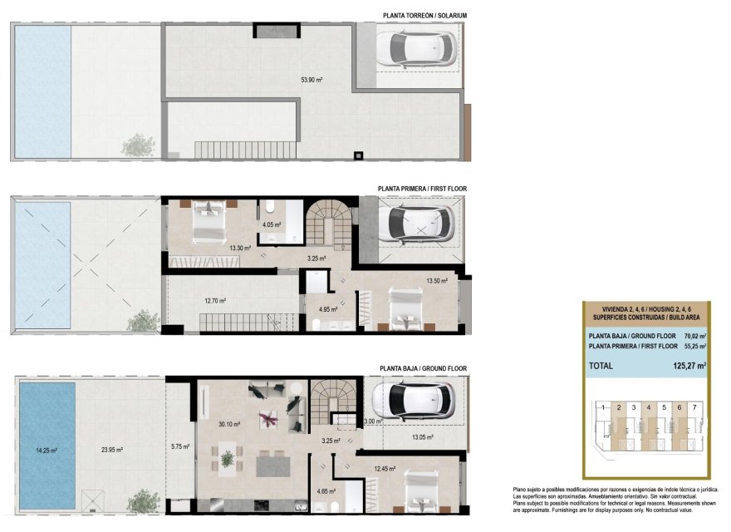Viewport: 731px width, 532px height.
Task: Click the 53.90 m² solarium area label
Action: pyautogui.click(x=312, y=81)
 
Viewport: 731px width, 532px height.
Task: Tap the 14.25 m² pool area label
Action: pyautogui.click(x=46, y=451)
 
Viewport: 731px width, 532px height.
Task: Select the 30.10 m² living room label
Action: pyautogui.click(x=230, y=424)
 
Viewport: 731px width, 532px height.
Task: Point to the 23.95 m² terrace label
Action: pyautogui.click(x=112, y=451)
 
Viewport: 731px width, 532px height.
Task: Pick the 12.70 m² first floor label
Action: pyautogui.click(x=216, y=301)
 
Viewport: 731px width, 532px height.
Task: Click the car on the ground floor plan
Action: pyautogui.click(x=414, y=400)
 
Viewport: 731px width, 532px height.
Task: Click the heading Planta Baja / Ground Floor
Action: pyautogui.click(x=423, y=367)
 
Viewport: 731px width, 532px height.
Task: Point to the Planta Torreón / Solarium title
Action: pyautogui.click(x=425, y=15)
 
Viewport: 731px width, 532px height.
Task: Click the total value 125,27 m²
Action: pyautogui.click(x=689, y=365)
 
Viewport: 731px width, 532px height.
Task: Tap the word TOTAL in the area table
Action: pyautogui.click(x=601, y=365)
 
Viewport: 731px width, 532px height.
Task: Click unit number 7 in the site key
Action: pyautogui.click(x=694, y=407)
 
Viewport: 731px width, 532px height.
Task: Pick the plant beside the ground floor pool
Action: pyautogui.click(x=145, y=501)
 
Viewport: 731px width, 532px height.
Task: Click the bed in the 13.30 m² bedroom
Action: pyautogui.click(x=206, y=219)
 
